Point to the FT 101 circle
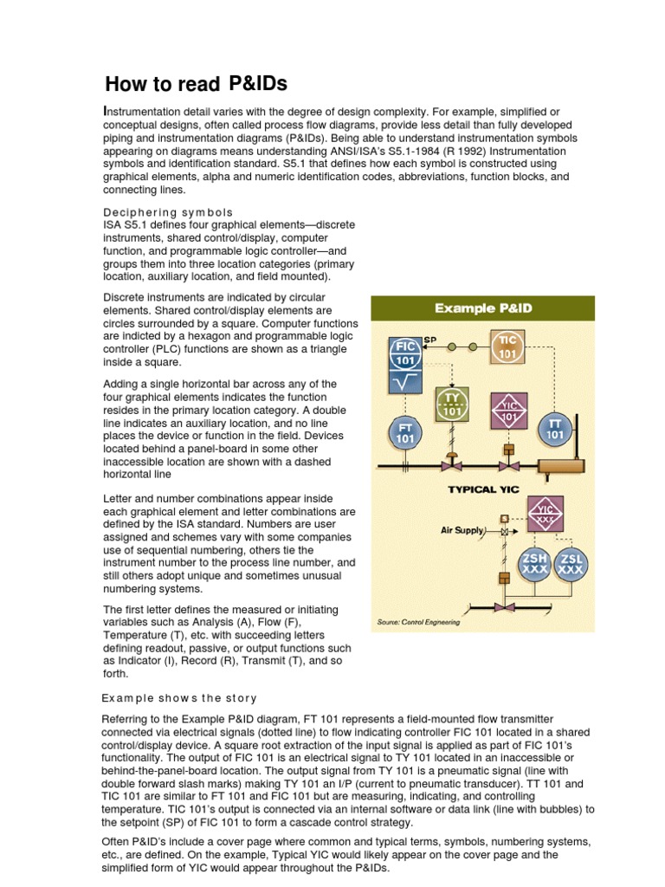pos(405,432)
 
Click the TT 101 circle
pos(556,429)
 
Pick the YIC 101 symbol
pos(509,408)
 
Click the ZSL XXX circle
pos(570,564)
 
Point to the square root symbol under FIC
pos(405,380)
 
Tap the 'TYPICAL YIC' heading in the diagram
pos(482,489)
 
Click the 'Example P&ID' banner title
pos(482,308)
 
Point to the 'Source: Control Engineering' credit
pos(419,622)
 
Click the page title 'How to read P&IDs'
pos(196,84)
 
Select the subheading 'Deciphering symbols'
pos(168,212)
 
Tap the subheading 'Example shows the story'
pos(179,697)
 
